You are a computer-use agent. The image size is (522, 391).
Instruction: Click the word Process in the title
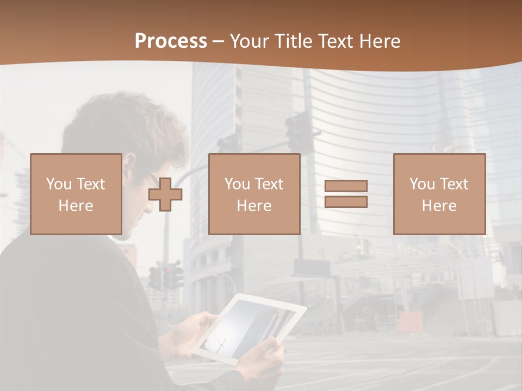point(171,41)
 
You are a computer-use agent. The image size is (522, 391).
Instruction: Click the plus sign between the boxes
point(165,195)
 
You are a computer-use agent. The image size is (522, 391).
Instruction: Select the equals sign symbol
point(346,194)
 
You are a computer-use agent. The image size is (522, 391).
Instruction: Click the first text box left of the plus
point(76,194)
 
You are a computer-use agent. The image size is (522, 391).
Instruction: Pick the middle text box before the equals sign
point(254,194)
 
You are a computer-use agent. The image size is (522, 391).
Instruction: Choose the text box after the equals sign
point(439,194)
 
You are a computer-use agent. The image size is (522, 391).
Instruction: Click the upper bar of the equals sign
point(346,186)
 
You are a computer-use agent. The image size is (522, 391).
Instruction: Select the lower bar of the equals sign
point(346,201)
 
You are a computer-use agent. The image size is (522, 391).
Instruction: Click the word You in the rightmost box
point(421,184)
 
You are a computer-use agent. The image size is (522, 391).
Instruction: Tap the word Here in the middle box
point(254,206)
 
